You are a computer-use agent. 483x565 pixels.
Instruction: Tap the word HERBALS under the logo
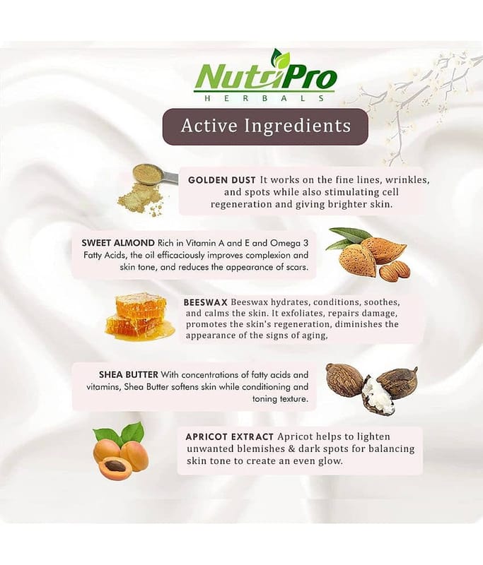tap(264, 98)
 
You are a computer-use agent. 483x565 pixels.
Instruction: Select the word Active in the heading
tap(209, 126)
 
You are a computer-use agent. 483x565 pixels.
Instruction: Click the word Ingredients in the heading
tap(298, 126)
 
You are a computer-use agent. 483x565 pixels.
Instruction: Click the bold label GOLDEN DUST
tap(222, 180)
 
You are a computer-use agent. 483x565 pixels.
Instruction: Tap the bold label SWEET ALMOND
tap(118, 243)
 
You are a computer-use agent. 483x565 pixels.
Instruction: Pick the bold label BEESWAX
tap(205, 302)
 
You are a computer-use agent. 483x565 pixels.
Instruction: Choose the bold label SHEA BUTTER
tap(129, 375)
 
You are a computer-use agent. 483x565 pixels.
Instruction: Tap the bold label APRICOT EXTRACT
tap(229, 436)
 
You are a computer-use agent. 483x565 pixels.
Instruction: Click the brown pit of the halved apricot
tap(116, 468)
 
